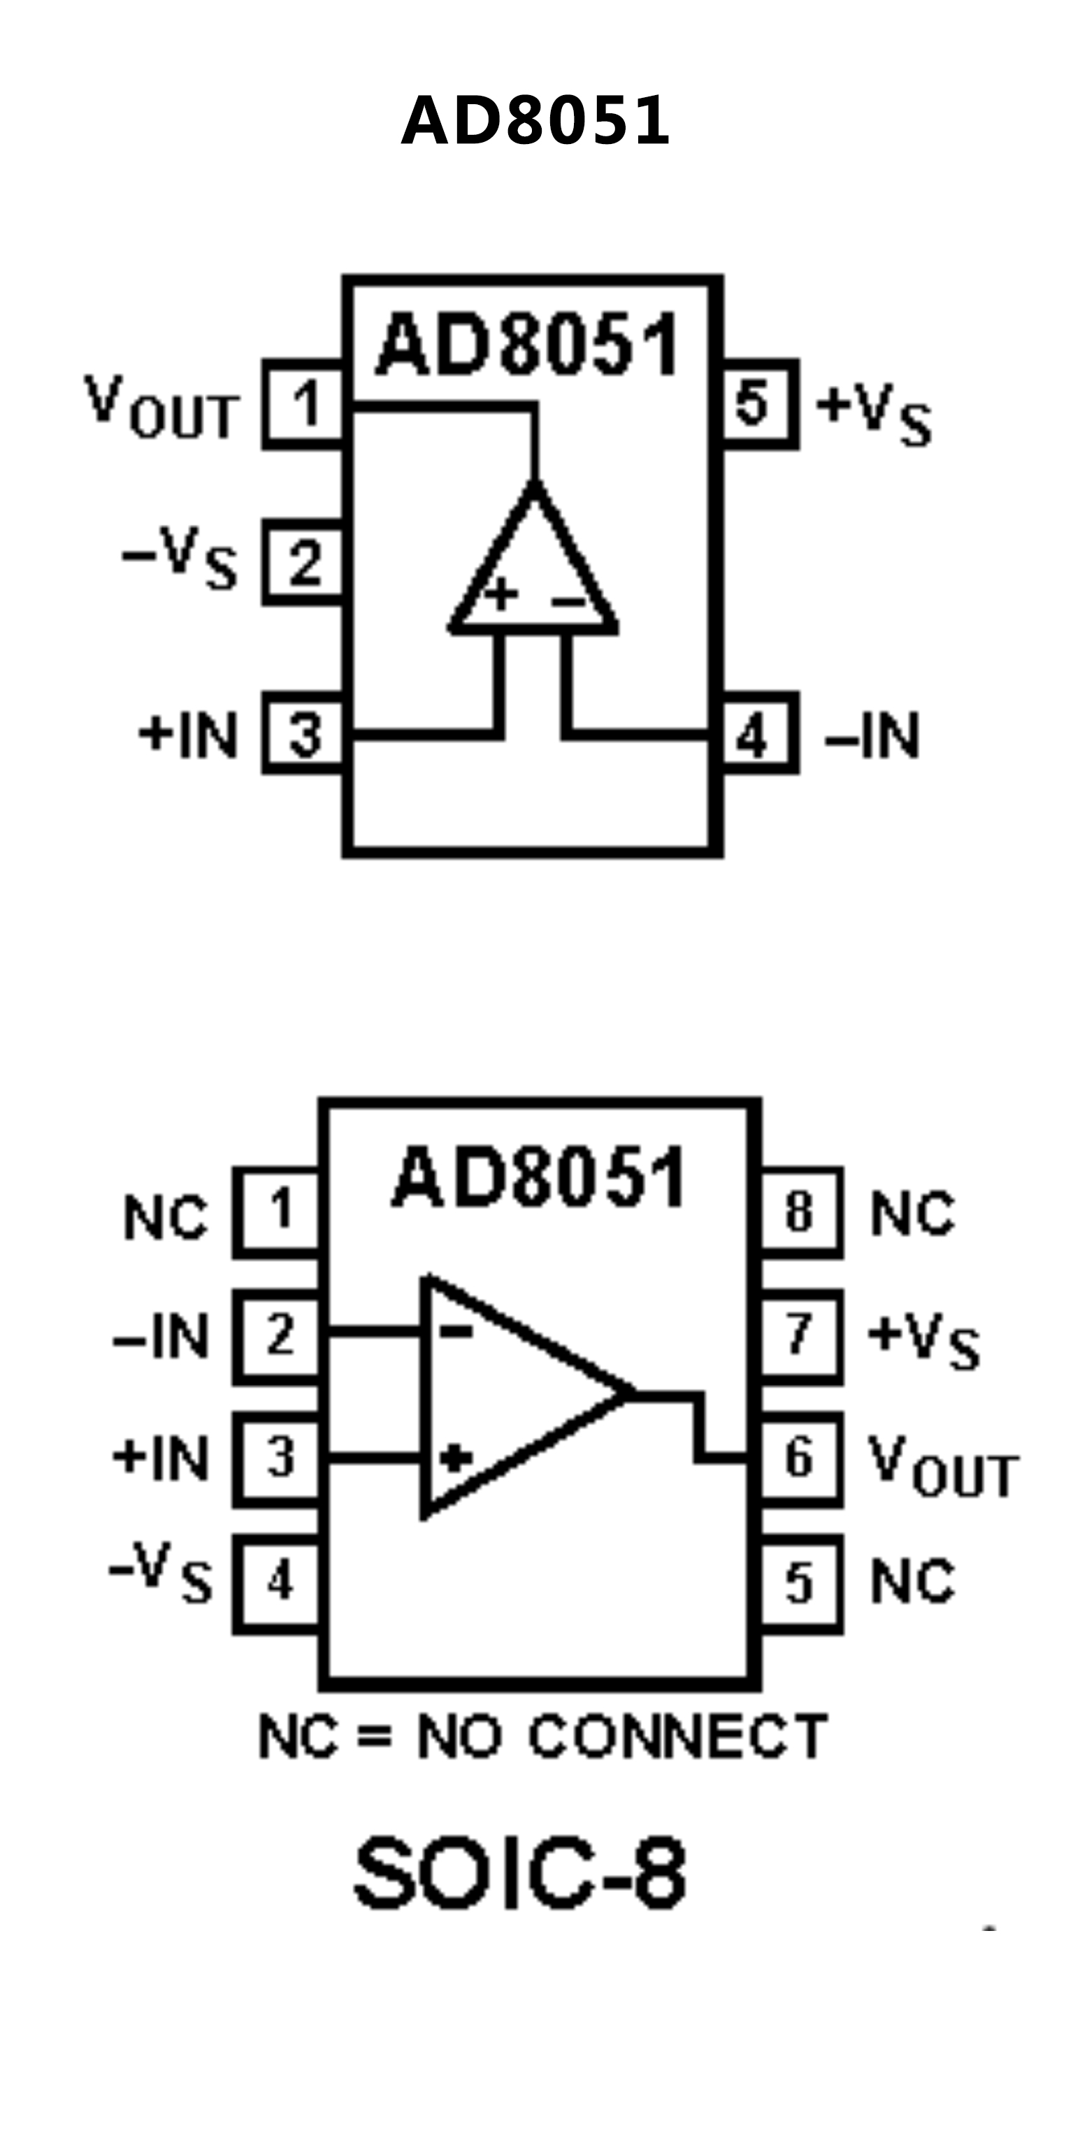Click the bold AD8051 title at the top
[x=535, y=122]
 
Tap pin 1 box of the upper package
[x=304, y=404]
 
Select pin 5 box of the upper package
[x=756, y=404]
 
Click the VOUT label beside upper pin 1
[x=161, y=407]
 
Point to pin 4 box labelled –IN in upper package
[x=756, y=733]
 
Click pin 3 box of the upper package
[x=304, y=733]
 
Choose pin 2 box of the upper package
[x=304, y=563]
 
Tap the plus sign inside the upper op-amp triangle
[x=501, y=594]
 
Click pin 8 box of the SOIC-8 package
[x=800, y=1213]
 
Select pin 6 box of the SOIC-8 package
[x=800, y=1458]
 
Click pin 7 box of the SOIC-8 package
[x=800, y=1336]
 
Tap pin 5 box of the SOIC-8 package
[x=800, y=1582]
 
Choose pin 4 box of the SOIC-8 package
[x=278, y=1582]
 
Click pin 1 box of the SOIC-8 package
[x=278, y=1213]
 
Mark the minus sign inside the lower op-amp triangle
[x=456, y=1331]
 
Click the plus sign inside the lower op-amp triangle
[x=455, y=1458]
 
